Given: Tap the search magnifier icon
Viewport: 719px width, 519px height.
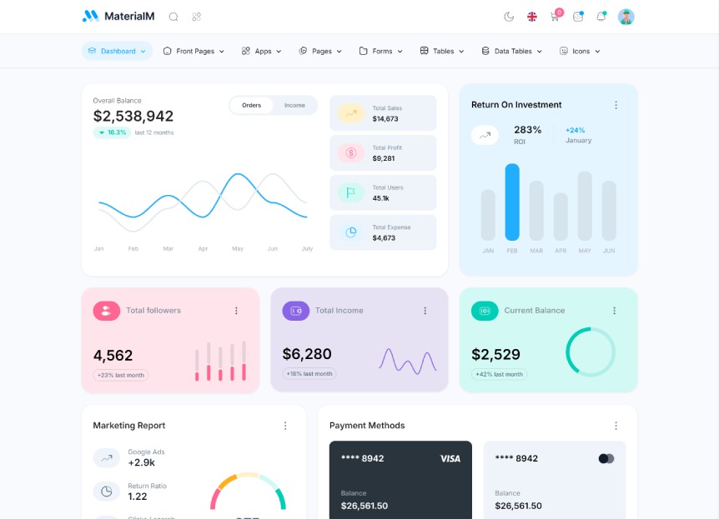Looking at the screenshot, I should click(x=173, y=17).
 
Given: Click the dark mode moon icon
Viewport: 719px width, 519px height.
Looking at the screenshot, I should click(x=509, y=17).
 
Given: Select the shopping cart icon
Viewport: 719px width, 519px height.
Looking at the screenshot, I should click(x=555, y=17).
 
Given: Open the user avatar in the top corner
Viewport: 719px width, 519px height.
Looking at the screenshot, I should click(x=626, y=17).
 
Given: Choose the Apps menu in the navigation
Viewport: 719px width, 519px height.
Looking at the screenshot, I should click(x=262, y=51).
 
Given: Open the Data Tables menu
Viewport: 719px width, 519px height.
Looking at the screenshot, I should click(x=511, y=51).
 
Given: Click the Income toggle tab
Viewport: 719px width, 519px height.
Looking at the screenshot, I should click(x=294, y=105).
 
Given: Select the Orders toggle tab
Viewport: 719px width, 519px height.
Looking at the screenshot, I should click(x=251, y=105).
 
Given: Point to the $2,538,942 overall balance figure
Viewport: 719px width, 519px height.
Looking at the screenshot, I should click(x=133, y=117).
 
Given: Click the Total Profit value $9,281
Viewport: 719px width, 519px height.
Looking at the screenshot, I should click(x=384, y=158).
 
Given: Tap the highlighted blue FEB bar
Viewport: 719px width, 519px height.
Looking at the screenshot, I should click(x=512, y=202).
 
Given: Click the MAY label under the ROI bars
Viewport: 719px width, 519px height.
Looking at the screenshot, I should click(x=585, y=251).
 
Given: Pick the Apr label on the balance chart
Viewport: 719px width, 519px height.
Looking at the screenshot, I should click(x=203, y=248).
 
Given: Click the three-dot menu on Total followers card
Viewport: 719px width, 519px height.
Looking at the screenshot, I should click(x=236, y=311).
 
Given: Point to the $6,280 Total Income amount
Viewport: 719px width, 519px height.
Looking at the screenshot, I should click(x=307, y=354).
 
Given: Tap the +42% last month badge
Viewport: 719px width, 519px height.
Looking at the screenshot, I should click(x=499, y=374).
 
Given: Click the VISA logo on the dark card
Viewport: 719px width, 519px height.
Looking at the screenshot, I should click(x=450, y=458).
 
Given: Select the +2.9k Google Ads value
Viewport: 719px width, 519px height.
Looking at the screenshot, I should click(x=141, y=462).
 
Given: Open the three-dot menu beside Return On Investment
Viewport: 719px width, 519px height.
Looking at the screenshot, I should click(x=616, y=105).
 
